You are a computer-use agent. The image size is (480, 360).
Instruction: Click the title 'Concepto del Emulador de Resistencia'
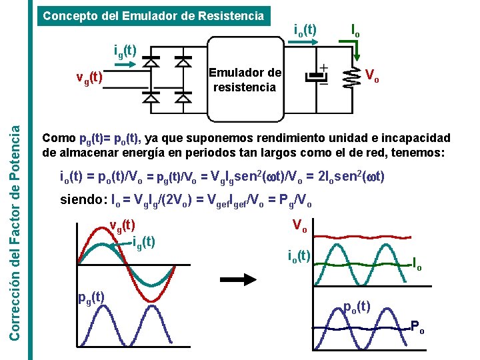pos(153,15)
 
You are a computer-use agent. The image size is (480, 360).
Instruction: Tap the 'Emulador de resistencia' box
pos(245,80)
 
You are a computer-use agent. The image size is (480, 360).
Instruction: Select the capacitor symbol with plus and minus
pos(313,77)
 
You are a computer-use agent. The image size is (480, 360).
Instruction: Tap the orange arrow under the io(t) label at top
pos(305,42)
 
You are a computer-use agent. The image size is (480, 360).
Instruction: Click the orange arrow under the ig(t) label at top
pos(125,65)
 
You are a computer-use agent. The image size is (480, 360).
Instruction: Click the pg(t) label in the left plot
pos(90,297)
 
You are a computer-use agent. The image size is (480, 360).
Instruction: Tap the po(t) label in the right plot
pos(357,307)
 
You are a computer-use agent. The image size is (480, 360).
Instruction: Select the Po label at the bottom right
pos(417,327)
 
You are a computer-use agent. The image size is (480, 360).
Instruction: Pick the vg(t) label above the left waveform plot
pos(122,225)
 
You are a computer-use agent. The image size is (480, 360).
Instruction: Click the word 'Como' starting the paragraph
pos(59,139)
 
